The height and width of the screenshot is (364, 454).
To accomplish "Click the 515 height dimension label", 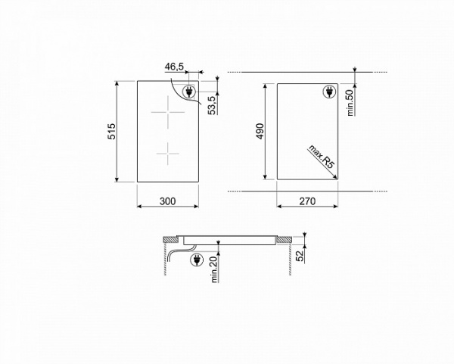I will point(110,131).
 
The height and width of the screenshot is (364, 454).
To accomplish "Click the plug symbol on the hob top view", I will point(189,92).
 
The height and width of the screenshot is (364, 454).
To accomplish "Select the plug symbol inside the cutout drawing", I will point(329,92).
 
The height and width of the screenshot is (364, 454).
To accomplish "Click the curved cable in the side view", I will point(179,253).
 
